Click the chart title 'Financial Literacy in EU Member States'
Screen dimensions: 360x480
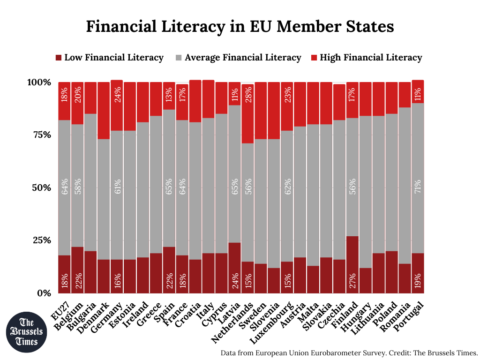click(240, 26)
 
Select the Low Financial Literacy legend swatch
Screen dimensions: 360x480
click(59, 58)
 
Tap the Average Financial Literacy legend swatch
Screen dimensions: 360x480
click(179, 58)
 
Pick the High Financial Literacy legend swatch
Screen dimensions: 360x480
click(314, 58)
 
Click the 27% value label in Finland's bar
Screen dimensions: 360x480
click(352, 280)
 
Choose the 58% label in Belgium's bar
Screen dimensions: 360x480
click(77, 187)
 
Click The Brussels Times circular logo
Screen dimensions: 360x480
click(27, 332)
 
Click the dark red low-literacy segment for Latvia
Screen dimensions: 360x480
click(235, 267)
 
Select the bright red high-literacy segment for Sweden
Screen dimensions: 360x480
click(261, 110)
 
